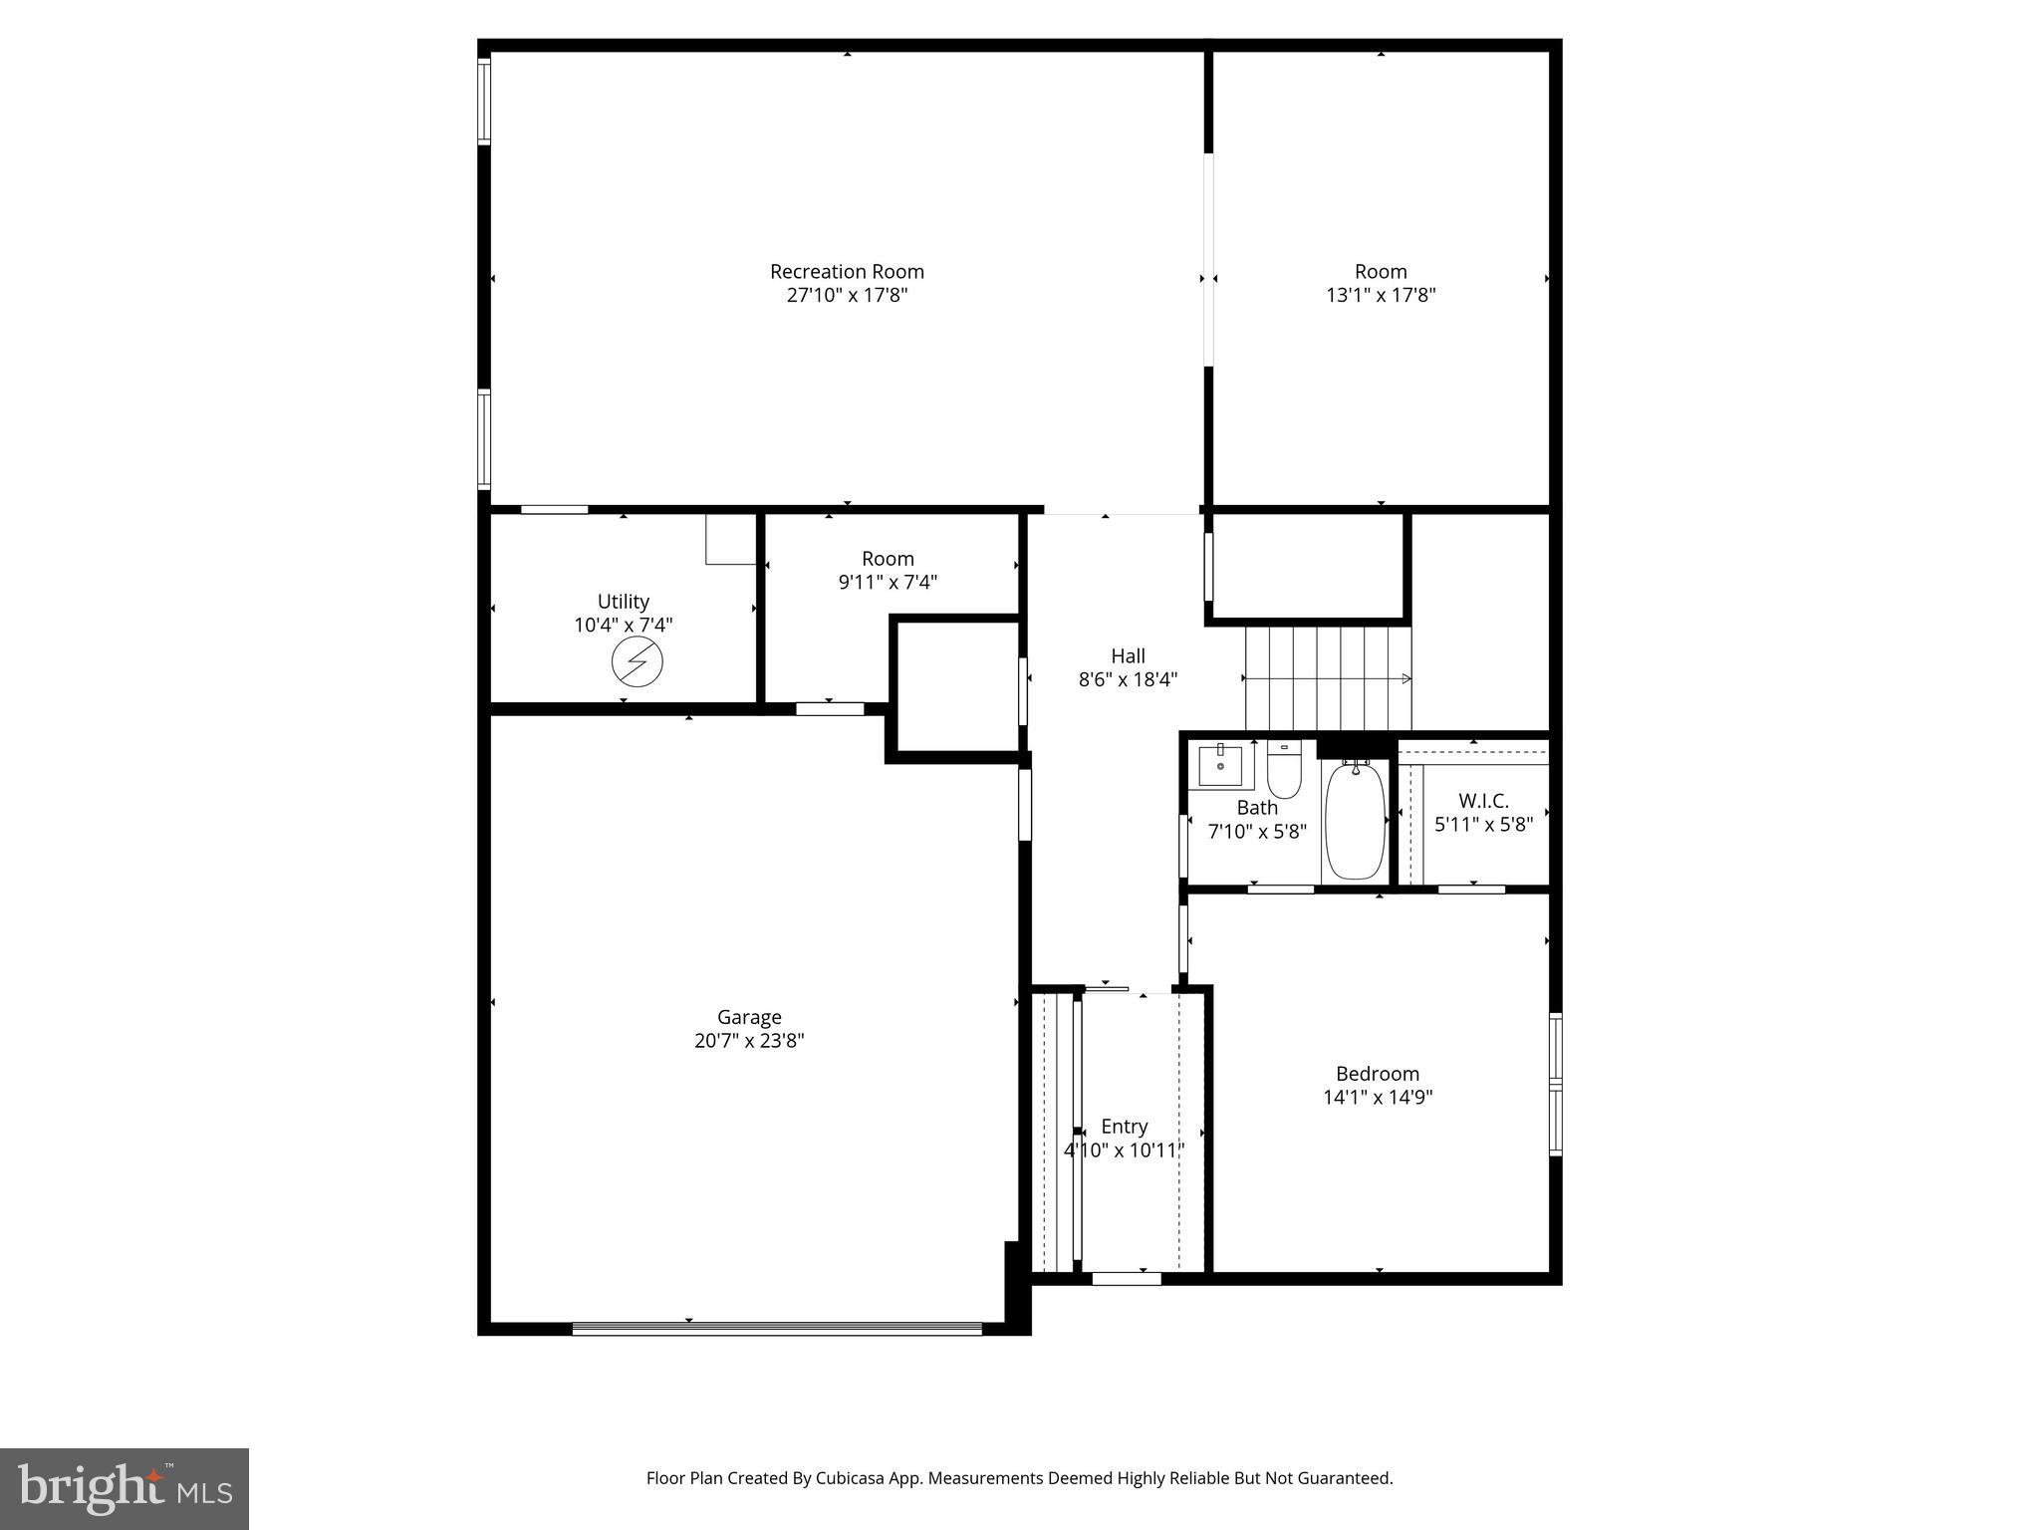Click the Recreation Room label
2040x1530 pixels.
pyautogui.click(x=847, y=271)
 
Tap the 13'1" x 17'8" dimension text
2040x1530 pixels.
pyautogui.click(x=1381, y=295)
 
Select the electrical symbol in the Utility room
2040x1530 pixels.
pyautogui.click(x=637, y=662)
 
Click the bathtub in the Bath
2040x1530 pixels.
pyautogui.click(x=1355, y=820)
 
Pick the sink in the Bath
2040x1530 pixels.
pyautogui.click(x=1220, y=764)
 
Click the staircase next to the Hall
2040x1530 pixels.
pyautogui.click(x=1328, y=677)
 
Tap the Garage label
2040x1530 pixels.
pyautogui.click(x=749, y=1017)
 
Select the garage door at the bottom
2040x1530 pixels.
pyautogui.click(x=777, y=1328)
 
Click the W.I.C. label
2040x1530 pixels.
pyautogui.click(x=1483, y=801)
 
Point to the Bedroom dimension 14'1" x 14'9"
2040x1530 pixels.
pyautogui.click(x=1378, y=1098)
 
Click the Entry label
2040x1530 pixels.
pyautogui.click(x=1124, y=1127)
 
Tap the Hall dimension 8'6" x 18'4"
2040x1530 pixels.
pyautogui.click(x=1128, y=680)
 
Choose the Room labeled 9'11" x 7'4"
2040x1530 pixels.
pyautogui.click(x=888, y=570)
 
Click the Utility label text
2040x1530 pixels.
pyautogui.click(x=624, y=602)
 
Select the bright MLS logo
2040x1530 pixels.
pyautogui.click(x=124, y=1488)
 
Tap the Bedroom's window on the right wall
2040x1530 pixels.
pyautogui.click(x=1555, y=1084)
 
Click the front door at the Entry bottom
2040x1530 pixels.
pyautogui.click(x=1126, y=1278)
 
